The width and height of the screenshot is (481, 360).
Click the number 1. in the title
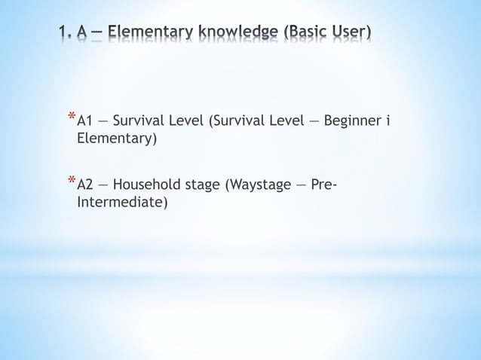tap(66, 34)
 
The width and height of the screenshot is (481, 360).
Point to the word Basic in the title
tap(315, 34)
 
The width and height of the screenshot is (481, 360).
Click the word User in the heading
tap(356, 34)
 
